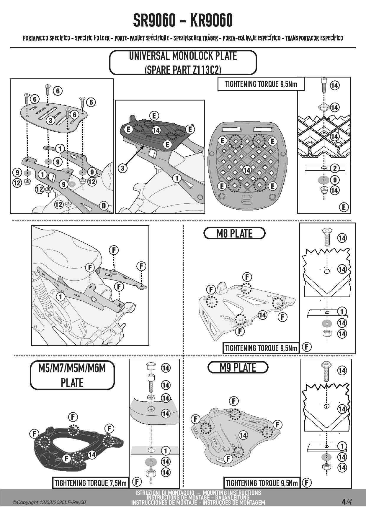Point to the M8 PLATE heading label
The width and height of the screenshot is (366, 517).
click(x=234, y=233)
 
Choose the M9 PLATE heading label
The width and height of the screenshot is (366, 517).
click(x=238, y=368)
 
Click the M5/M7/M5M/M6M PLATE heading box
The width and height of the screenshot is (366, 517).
click(x=72, y=376)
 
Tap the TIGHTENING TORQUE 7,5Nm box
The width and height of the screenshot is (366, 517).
click(x=91, y=483)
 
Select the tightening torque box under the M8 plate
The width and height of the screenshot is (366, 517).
click(x=261, y=348)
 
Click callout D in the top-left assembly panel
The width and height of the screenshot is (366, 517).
click(x=104, y=205)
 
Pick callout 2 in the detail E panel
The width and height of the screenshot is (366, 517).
click(x=334, y=168)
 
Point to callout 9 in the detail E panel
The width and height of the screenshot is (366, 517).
click(x=334, y=180)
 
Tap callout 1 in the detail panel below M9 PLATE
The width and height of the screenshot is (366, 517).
click(x=342, y=446)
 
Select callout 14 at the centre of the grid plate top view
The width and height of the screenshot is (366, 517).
click(x=247, y=170)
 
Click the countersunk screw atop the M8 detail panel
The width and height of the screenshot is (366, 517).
click(x=326, y=237)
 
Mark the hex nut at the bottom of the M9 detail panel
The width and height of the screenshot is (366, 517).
click(x=326, y=467)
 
